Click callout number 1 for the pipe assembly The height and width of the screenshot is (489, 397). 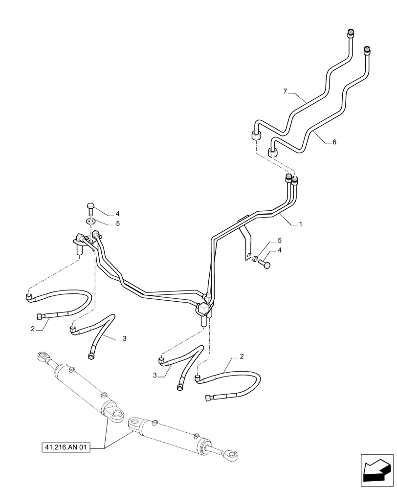click(301, 224)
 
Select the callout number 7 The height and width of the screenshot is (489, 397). click(285, 91)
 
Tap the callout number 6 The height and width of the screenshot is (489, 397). click(334, 142)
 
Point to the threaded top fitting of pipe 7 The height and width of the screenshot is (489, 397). click(350, 33)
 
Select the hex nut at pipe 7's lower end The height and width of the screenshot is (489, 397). click(255, 135)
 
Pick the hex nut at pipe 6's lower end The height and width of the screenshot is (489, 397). click(274, 151)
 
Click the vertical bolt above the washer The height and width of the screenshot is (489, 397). click(90, 208)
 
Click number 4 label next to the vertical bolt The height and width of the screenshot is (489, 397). click(117, 213)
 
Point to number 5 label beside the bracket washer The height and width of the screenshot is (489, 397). click(279, 241)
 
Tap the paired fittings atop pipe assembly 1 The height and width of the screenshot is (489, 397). click(291, 181)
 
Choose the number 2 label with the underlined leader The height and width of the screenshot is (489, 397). click(33, 329)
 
